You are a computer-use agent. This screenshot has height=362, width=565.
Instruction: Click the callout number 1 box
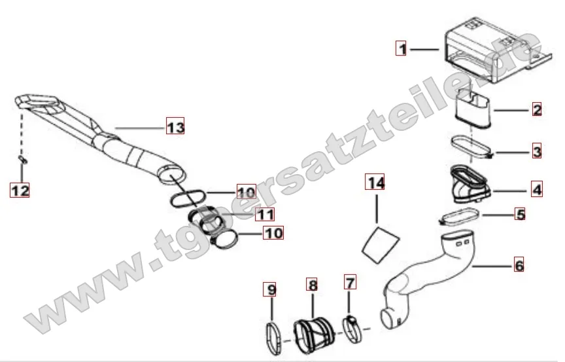pos(402,48)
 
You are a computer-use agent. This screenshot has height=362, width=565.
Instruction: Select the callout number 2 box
pos(537,109)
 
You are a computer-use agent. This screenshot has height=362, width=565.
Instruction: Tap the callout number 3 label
pos(537,151)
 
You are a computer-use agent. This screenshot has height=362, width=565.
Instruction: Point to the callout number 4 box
pos(537,189)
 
